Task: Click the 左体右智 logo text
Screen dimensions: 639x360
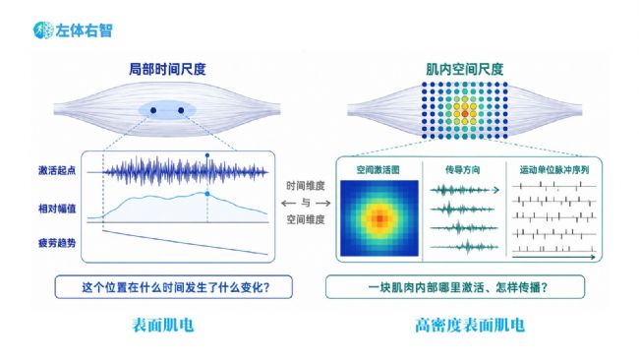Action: (x=84, y=30)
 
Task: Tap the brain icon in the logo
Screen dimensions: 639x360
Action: (x=43, y=30)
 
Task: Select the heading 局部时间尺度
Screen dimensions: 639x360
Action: (x=167, y=69)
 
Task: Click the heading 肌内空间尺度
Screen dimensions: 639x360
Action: (x=465, y=69)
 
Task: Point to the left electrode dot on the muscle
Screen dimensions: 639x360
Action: (x=153, y=110)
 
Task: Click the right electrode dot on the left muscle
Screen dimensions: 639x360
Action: (x=181, y=110)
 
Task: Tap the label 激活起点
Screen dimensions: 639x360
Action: (x=57, y=170)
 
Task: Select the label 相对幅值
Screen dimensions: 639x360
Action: (x=57, y=209)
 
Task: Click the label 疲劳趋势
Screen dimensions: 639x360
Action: (x=57, y=243)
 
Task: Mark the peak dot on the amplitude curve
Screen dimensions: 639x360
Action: (x=207, y=194)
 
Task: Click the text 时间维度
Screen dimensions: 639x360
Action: (x=305, y=186)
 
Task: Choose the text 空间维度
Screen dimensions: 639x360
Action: (x=305, y=219)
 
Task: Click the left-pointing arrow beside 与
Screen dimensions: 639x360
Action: (x=288, y=203)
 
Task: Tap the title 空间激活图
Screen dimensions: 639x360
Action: (x=378, y=169)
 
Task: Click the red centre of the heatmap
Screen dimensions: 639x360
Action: (x=379, y=218)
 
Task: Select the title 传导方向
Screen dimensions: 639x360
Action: (x=463, y=169)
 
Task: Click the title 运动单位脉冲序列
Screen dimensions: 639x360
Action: (x=554, y=169)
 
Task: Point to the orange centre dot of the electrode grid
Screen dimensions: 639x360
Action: (x=465, y=114)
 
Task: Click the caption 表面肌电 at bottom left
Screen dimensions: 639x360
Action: (x=163, y=326)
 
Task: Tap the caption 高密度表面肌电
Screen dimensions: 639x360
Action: (x=470, y=326)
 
